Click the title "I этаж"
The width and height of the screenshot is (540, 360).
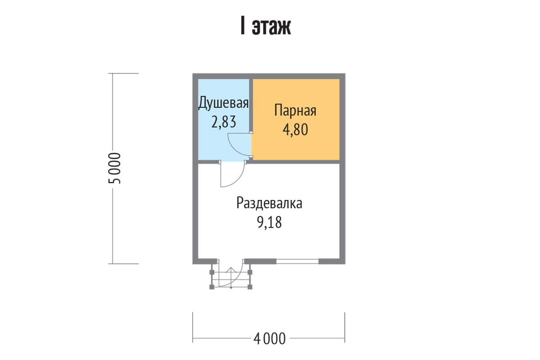coord(265,26)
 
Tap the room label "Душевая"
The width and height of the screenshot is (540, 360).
coord(223,103)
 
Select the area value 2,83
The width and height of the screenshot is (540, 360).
coord(224,122)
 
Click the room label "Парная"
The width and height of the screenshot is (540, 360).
coord(295,110)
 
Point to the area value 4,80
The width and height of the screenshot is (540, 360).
coord(295,130)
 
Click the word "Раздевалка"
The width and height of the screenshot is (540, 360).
coord(269,203)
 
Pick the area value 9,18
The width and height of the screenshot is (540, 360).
coord(269,222)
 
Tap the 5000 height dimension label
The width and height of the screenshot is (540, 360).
coord(114,168)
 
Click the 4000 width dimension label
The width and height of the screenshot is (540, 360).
coord(269,339)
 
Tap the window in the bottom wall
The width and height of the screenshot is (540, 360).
coord(297,261)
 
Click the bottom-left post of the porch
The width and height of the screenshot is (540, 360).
coord(211,287)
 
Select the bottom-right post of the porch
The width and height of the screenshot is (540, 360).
coord(250,287)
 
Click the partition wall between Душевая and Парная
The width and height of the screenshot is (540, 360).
coord(251,105)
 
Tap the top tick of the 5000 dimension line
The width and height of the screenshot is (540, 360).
coord(123,73)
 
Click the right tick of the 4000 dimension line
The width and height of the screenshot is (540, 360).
coord(345,328)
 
